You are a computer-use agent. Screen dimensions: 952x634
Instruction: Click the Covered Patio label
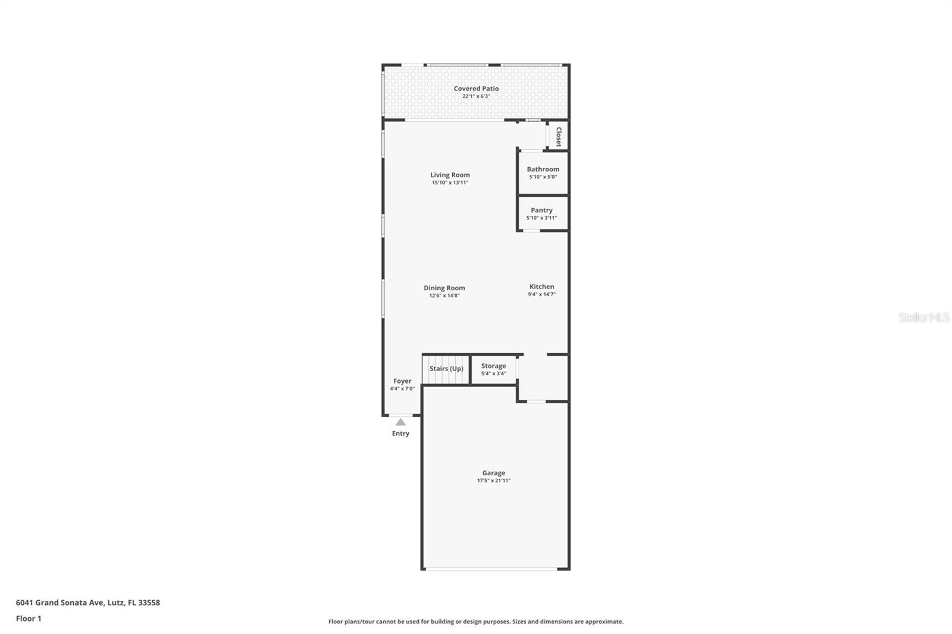coord(476,89)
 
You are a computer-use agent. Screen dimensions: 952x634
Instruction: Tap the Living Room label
coord(450,175)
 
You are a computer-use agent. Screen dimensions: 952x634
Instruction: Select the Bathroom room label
coord(543,170)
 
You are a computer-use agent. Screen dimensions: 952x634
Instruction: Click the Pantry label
coord(541,210)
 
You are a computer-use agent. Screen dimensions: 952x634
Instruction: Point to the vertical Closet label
coord(558,136)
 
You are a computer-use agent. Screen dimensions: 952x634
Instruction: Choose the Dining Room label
coord(444,288)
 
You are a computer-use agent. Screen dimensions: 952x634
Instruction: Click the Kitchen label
coord(541,287)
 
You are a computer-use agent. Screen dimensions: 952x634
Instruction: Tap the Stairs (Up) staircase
coord(446,369)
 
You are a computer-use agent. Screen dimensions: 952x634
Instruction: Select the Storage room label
coord(493,366)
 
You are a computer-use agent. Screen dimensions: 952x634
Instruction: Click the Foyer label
coord(402,381)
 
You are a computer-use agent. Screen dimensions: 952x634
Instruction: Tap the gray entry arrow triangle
coord(400,422)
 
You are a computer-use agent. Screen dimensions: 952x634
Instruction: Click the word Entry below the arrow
coord(400,434)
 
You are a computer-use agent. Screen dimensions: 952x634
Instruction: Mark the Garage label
coord(493,473)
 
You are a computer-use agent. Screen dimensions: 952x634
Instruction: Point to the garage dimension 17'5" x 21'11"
coord(493,481)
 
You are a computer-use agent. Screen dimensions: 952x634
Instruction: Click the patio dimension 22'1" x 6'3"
coord(476,96)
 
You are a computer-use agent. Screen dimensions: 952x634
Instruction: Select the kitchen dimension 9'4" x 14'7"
coord(541,294)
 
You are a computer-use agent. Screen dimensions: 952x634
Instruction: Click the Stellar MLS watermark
coord(923,318)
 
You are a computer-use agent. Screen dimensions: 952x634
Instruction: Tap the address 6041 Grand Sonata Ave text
coord(88,602)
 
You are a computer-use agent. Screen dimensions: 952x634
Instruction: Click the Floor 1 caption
coord(29,619)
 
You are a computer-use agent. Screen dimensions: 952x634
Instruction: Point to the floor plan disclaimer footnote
coord(476,622)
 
